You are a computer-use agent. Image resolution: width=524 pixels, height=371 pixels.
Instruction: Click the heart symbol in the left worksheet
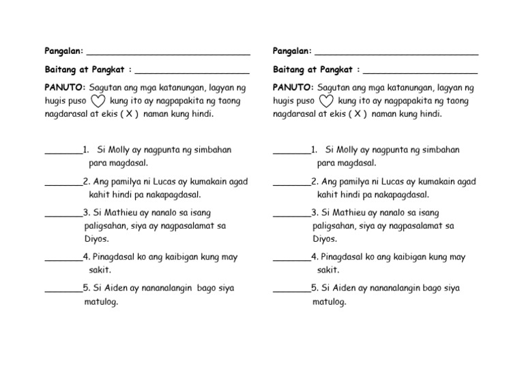click(98, 101)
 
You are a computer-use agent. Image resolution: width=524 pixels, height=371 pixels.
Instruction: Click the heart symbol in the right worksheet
click(326, 101)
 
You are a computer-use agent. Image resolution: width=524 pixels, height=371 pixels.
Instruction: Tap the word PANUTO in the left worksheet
click(64, 87)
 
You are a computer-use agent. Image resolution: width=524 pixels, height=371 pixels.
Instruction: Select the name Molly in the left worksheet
click(117, 150)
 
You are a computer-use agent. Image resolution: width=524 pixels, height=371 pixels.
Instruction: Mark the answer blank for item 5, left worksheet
click(63, 290)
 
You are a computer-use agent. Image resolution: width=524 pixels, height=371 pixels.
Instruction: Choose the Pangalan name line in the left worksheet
click(168, 53)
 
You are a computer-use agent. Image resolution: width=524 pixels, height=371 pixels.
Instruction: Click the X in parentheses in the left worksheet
click(128, 114)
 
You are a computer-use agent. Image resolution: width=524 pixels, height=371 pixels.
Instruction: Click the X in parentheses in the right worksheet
click(357, 114)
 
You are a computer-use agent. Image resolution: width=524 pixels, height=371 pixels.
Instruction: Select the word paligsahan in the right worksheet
click(336, 225)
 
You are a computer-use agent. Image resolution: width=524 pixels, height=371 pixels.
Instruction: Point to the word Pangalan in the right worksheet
click(291, 51)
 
